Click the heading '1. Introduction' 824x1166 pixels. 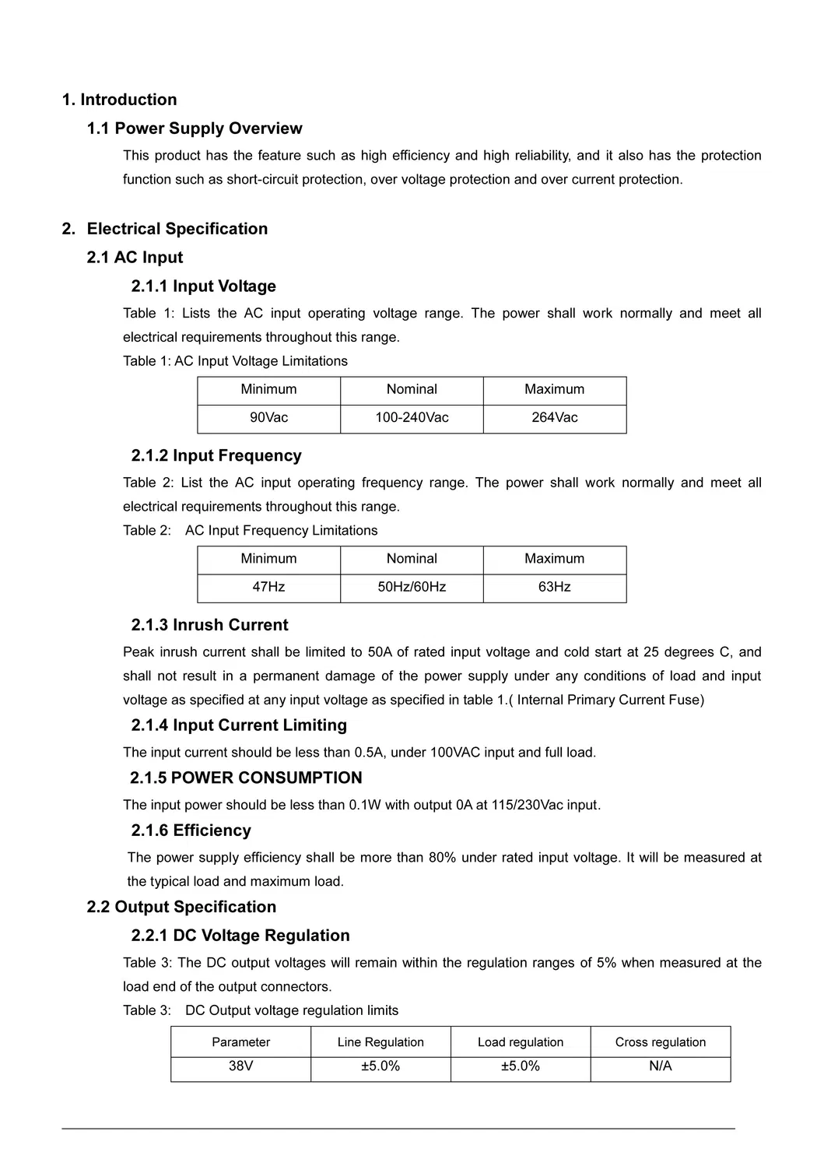coord(119,100)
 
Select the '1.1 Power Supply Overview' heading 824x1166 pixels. coord(195,128)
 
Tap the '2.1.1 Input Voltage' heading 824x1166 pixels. coord(204,286)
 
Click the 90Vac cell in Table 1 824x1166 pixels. coord(268,418)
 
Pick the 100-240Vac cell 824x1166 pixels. coord(412,418)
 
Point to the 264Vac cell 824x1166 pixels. coord(555,418)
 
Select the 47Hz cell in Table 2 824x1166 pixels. coord(268,587)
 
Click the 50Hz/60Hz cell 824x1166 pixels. coord(412,587)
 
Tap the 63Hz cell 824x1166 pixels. coord(555,587)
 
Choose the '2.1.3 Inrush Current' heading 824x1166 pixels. coord(209,625)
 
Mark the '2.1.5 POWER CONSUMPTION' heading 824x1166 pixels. coord(246,778)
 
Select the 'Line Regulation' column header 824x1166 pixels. coord(380,1042)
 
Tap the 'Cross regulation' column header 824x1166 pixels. coord(661,1042)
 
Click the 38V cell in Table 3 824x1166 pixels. coord(240,1066)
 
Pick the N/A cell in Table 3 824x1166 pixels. coord(661,1066)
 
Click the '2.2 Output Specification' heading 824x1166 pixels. coord(181,908)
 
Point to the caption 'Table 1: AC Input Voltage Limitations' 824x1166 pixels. coord(235,361)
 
